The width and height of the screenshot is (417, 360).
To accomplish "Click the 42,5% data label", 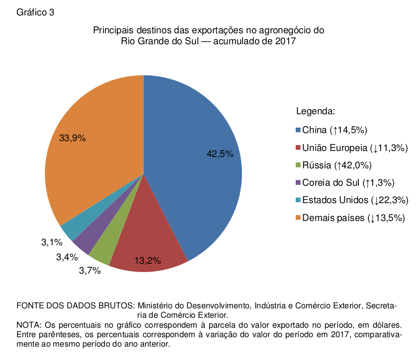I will click(x=220, y=154).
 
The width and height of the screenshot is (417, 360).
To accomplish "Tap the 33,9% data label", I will click(x=73, y=139).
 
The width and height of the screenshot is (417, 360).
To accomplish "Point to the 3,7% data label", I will click(x=90, y=271).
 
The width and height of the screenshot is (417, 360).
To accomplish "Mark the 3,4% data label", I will click(x=67, y=257).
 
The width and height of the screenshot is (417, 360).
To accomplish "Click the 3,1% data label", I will click(x=51, y=243).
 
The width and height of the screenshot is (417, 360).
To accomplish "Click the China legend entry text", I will click(x=334, y=130).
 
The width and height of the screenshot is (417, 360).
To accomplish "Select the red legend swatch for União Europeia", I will click(x=298, y=148).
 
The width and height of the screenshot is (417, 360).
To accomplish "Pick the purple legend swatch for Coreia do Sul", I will click(x=298, y=183).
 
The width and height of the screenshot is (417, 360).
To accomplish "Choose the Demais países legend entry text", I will click(x=353, y=217).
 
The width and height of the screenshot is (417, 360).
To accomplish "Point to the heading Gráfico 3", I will click(x=35, y=12).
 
